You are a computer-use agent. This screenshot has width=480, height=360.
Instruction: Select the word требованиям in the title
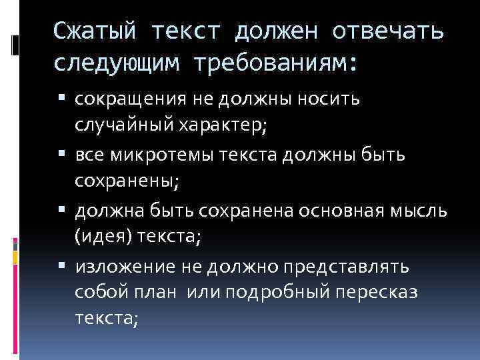click(269, 63)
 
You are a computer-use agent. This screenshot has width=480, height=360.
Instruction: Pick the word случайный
click(125, 124)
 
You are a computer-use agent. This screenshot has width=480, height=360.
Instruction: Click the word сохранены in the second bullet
click(121, 180)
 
